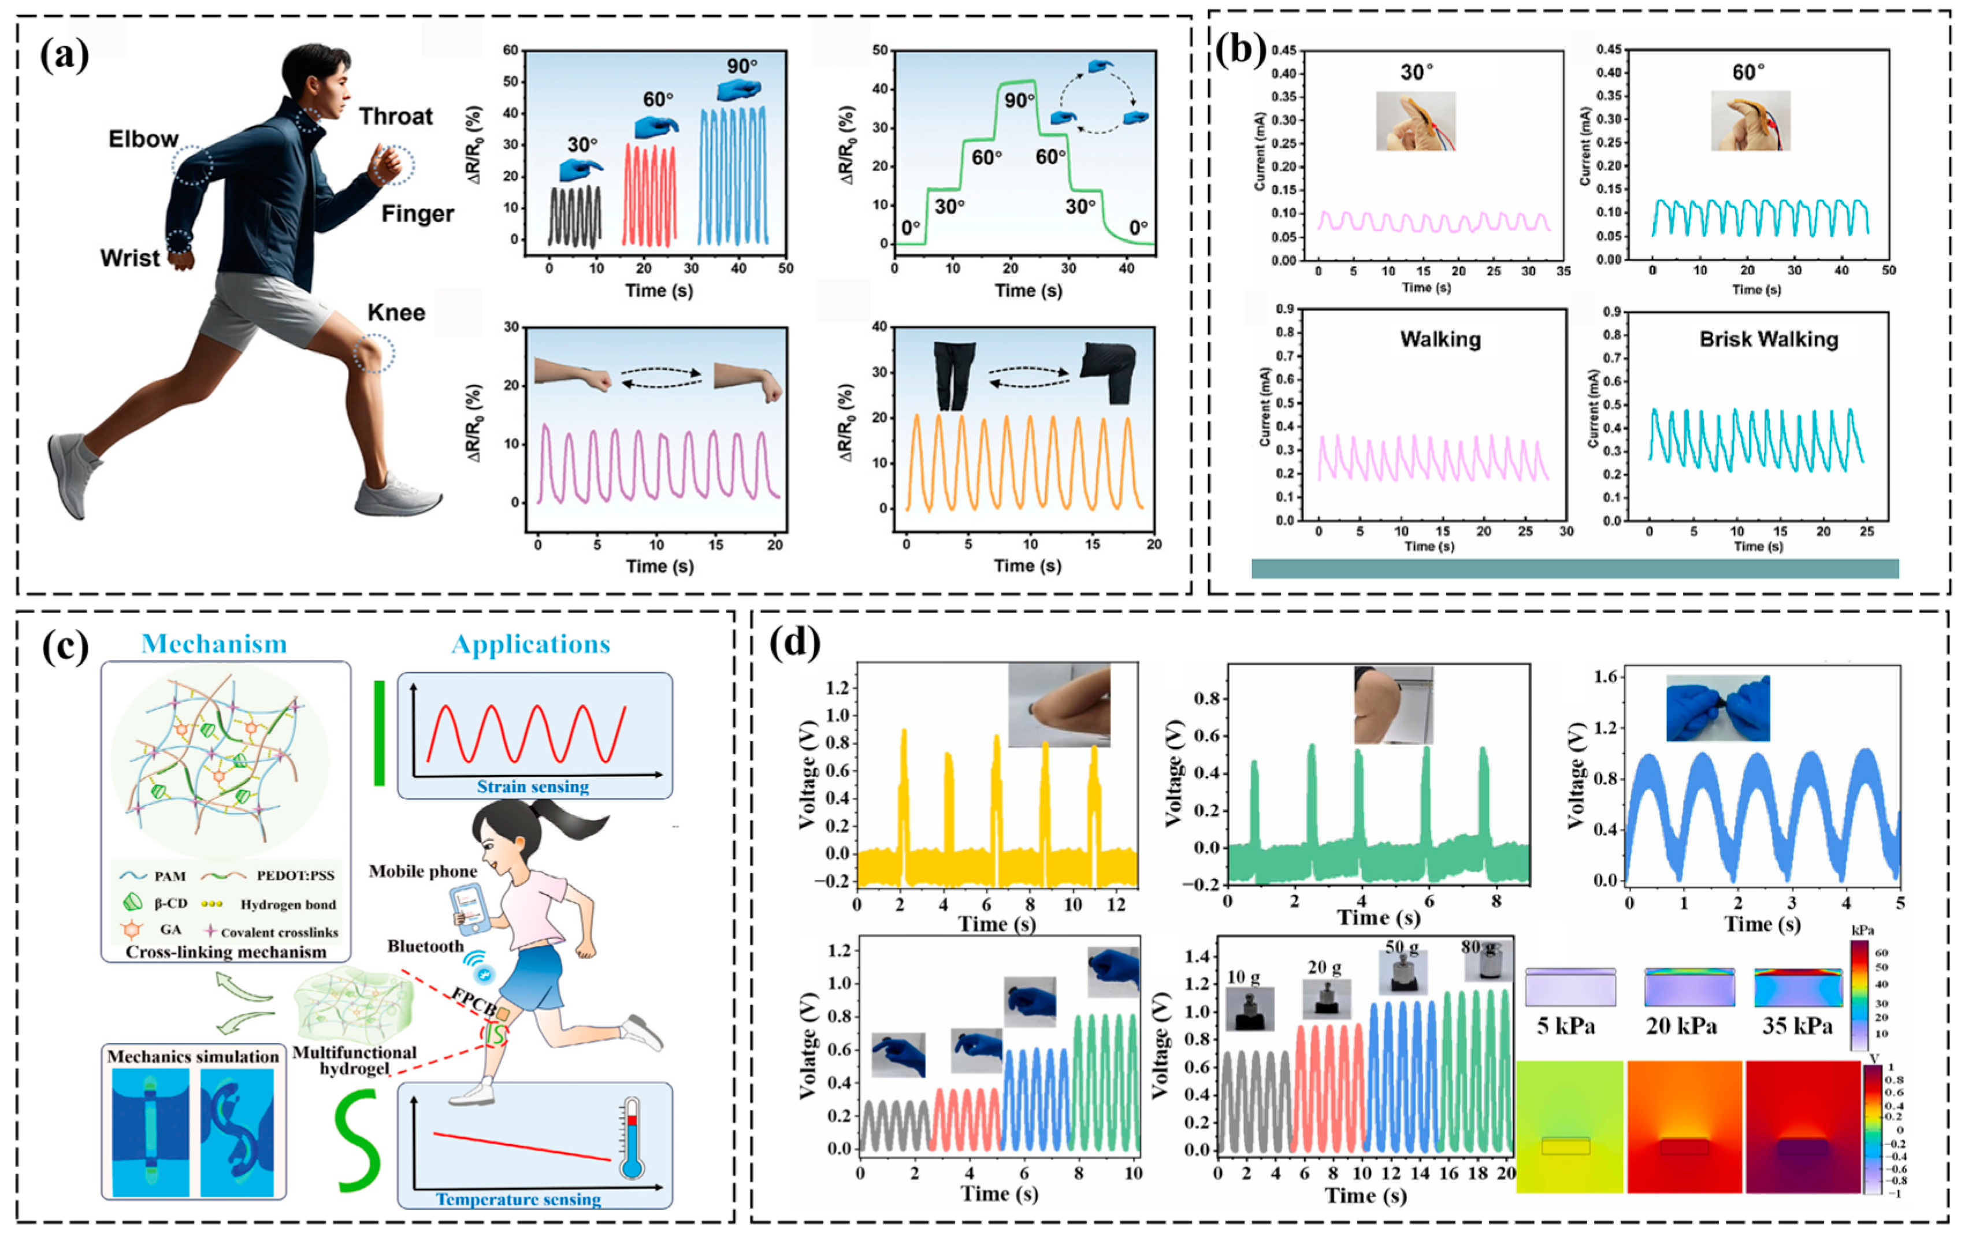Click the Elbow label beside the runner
click(143, 139)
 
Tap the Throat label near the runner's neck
click(396, 117)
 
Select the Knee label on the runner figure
click(396, 313)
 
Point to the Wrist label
click(129, 258)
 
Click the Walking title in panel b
click(1440, 340)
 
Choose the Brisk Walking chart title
click(1768, 340)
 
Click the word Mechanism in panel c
click(214, 644)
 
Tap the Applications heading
click(530, 644)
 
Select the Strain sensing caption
click(533, 787)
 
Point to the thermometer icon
click(631, 1138)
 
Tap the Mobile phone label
click(423, 871)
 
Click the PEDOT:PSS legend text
click(295, 875)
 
